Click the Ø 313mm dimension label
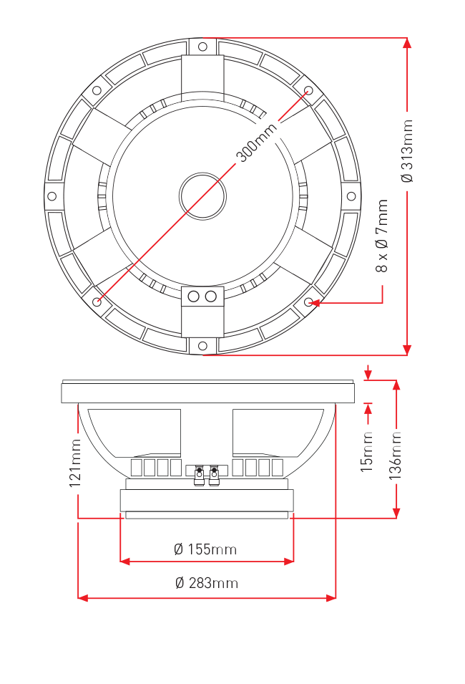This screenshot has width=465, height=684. point(407,151)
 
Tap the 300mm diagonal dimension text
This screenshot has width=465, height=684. point(256,143)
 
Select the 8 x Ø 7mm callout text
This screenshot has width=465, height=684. point(382,236)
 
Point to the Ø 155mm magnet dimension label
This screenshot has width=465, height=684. point(205,549)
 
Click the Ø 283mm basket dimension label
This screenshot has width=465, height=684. point(207,583)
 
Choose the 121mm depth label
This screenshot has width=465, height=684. point(75,463)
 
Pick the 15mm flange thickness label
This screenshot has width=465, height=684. point(366,452)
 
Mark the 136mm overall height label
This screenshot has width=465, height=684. point(395,456)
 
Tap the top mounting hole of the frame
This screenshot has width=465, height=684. point(202,47)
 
